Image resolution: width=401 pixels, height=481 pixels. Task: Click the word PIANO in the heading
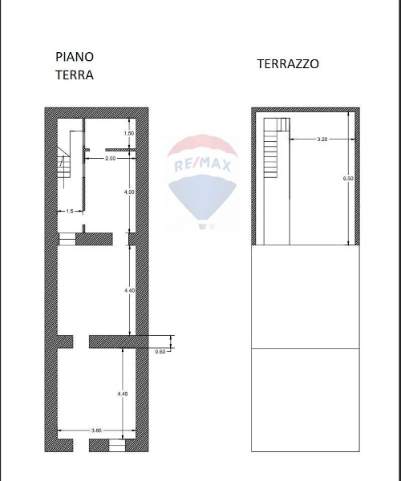coord(75,57)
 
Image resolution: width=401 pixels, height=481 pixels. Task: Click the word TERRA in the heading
coord(75,75)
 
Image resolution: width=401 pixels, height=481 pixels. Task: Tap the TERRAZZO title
coord(288,64)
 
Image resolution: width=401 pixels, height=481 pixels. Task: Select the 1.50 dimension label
coord(129,133)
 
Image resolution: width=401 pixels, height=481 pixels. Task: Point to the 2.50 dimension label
coord(110,159)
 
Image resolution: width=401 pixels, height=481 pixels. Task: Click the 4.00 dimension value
coord(129,192)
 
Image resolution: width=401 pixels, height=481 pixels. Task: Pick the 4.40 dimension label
coord(129,290)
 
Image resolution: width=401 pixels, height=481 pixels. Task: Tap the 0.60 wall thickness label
coord(160,352)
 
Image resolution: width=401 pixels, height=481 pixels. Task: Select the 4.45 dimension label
coord(123,394)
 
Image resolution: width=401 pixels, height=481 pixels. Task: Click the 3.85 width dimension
coord(96,430)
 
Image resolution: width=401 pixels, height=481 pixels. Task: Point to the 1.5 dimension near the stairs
coord(70,211)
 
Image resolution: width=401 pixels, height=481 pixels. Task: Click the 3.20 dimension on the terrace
coord(322,139)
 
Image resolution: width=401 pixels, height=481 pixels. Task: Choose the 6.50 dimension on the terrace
coord(348,178)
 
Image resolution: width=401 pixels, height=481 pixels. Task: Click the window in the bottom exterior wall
coord(117,445)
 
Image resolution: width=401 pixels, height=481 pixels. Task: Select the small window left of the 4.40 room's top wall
coord(67,239)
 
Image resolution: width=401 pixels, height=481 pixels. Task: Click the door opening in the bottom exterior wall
coord(81,445)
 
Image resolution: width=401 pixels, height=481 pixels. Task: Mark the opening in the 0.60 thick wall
coord(81,342)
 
